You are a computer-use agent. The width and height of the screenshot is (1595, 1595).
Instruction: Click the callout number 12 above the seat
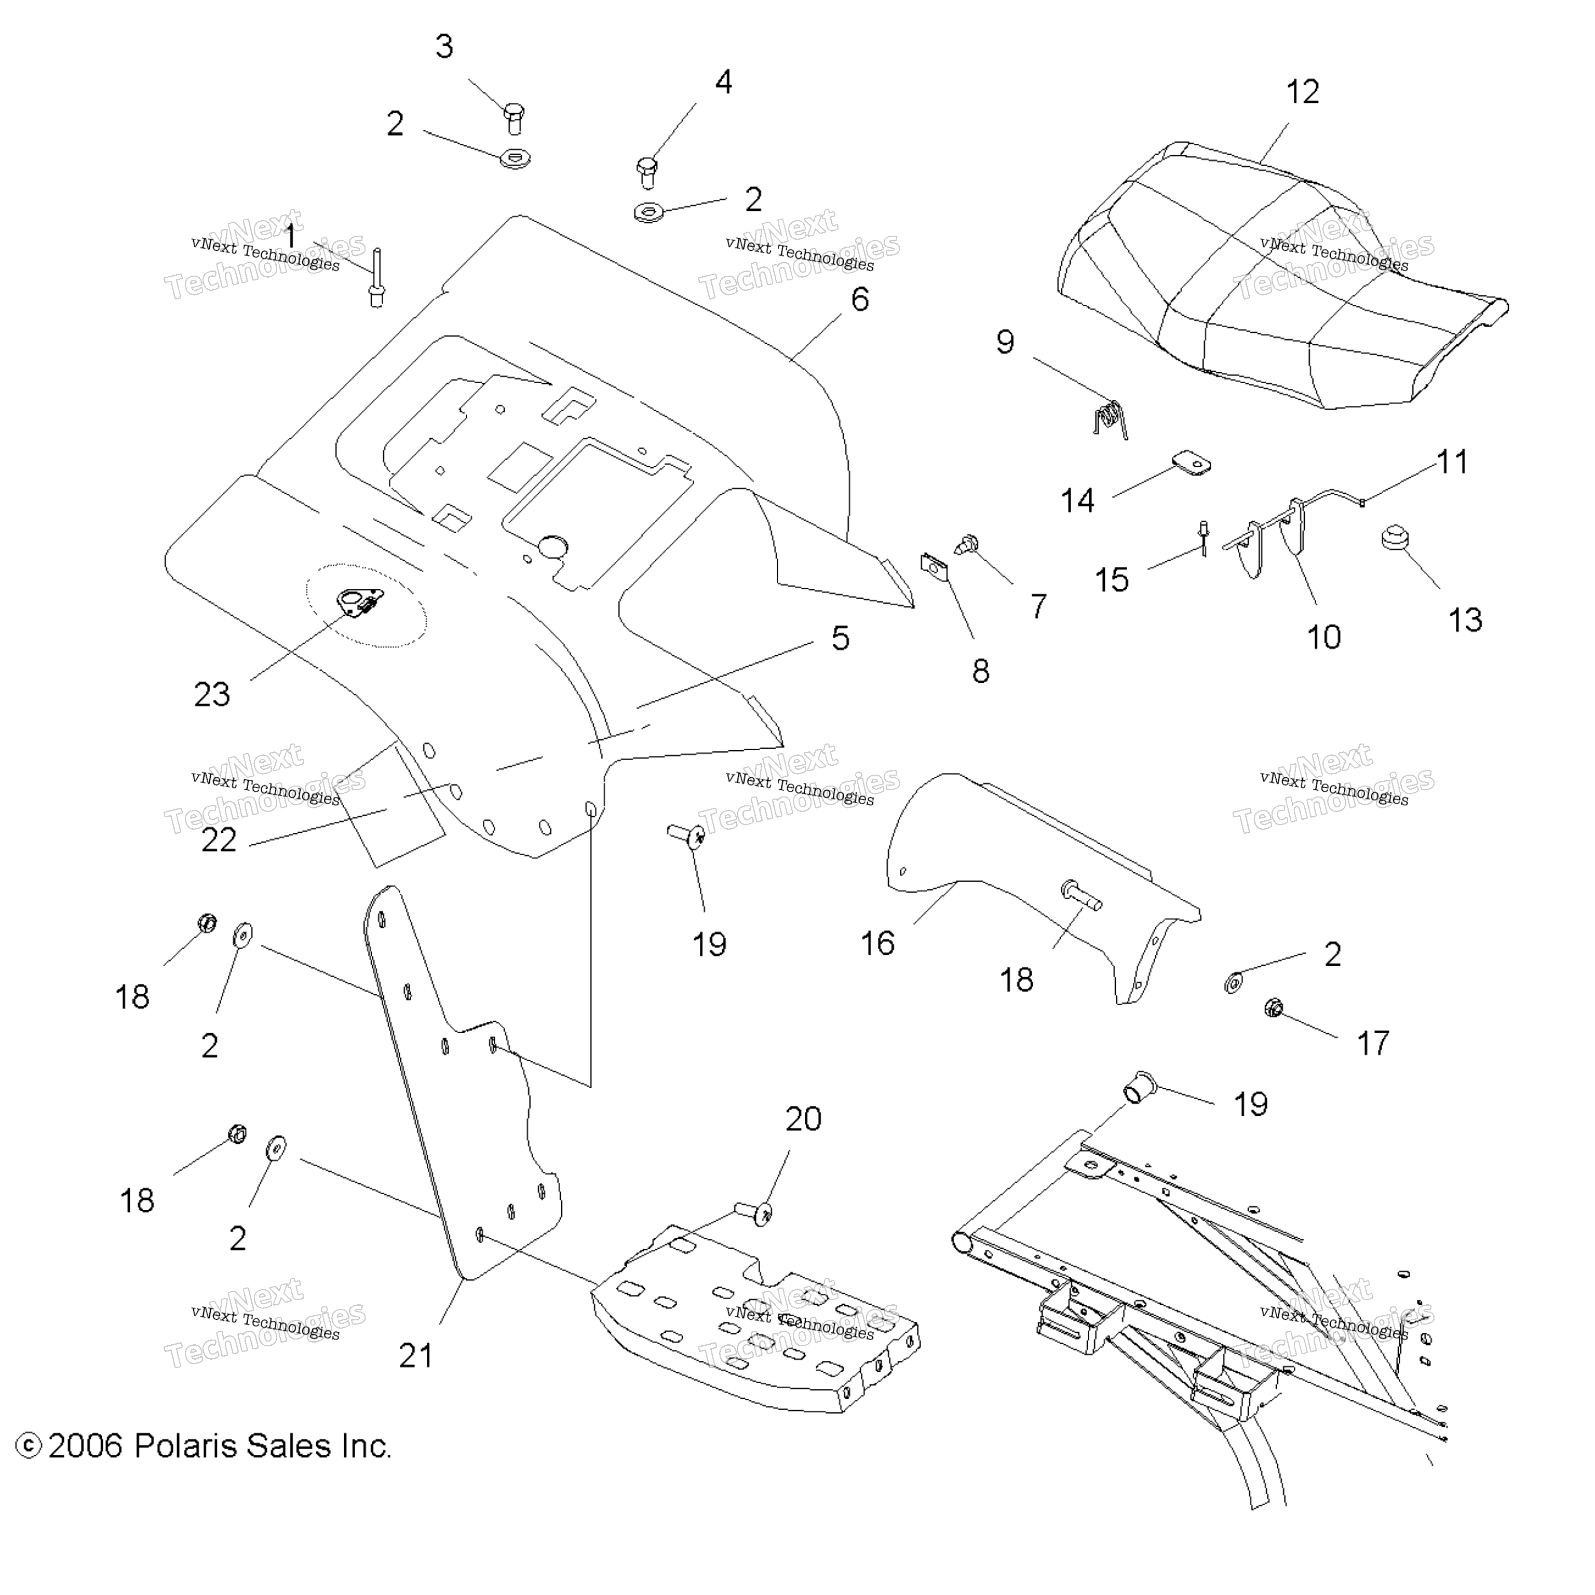pos(1303,91)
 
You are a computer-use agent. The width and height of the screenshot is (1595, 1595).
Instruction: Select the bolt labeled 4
pos(647,172)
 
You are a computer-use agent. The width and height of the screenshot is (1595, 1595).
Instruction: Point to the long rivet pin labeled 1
pos(376,277)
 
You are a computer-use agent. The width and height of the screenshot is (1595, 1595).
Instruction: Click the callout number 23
pos(212,694)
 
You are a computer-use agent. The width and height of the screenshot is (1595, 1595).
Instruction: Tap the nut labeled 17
pos(1273,1007)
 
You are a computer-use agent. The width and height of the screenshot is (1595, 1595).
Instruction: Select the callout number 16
pos(877,943)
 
